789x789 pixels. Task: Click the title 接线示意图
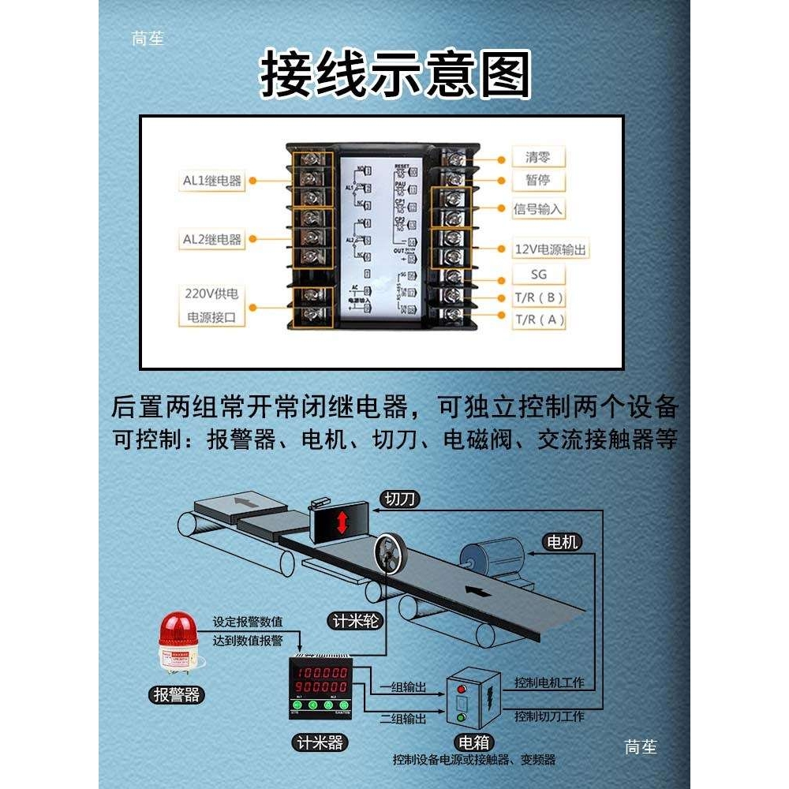[395, 75]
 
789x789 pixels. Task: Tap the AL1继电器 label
[212, 181]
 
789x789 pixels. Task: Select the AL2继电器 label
[212, 239]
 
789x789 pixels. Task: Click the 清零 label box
[537, 157]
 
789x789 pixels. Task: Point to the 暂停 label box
[537, 181]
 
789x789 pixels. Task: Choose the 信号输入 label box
[539, 209]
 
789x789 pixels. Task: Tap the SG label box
[537, 275]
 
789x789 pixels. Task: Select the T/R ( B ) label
[539, 297]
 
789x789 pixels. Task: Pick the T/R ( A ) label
[539, 320]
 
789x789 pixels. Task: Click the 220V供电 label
[211, 294]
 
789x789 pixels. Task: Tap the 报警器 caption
[177, 695]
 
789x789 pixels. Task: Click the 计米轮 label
[353, 621]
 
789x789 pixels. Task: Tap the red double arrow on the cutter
[342, 522]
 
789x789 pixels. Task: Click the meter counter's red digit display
[322, 681]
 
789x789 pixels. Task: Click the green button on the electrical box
[462, 717]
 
